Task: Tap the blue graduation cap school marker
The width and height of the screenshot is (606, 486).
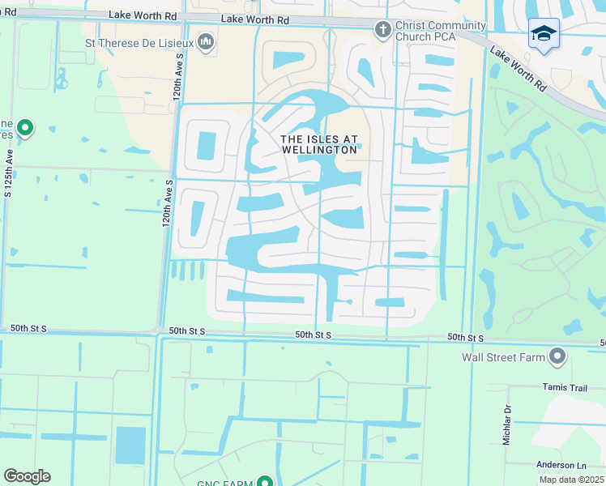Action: (543, 34)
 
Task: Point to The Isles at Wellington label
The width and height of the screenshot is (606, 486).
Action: (318, 145)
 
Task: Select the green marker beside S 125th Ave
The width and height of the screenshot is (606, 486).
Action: (25, 127)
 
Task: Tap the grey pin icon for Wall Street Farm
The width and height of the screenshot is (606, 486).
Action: (557, 356)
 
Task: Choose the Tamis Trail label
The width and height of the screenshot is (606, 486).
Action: (565, 388)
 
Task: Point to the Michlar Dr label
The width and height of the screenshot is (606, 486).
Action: (508, 425)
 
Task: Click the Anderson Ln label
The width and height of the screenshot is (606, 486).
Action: (561, 465)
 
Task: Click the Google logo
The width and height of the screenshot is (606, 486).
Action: (27, 476)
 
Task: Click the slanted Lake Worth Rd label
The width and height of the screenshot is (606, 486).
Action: (518, 69)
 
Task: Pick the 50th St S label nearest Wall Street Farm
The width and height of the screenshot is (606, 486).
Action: (465, 338)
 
